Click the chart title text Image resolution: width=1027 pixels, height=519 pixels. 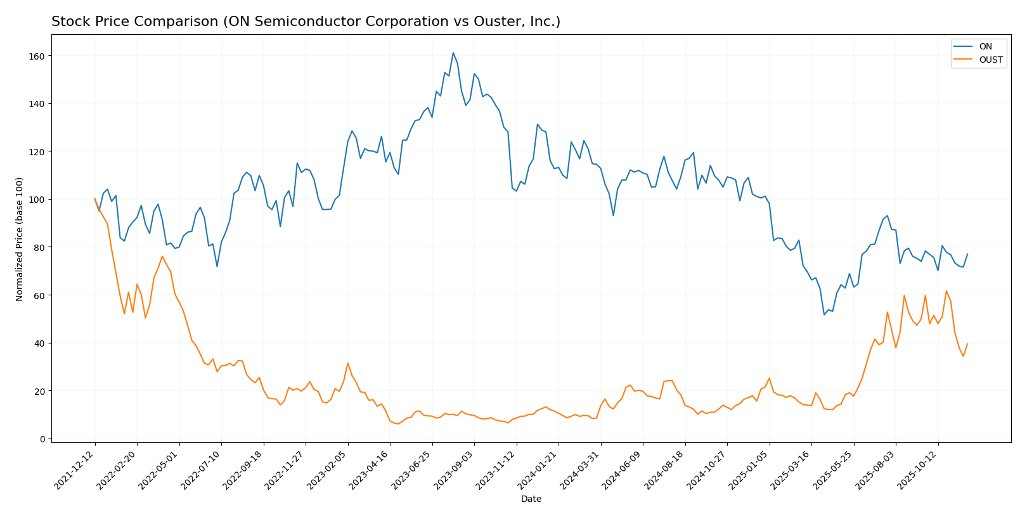pos(306,22)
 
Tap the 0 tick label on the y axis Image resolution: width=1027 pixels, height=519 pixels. pos(42,439)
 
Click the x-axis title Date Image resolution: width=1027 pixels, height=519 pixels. pos(531,499)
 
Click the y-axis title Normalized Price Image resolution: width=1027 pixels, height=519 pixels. pos(20,239)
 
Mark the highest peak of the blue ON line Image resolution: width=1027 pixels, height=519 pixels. pos(453,53)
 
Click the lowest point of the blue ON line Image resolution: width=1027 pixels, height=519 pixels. pos(824,314)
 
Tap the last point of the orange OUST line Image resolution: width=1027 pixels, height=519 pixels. pos(967,343)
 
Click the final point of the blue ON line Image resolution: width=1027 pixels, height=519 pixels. pos(967,254)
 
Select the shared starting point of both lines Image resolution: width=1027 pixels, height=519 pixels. pos(95,199)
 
